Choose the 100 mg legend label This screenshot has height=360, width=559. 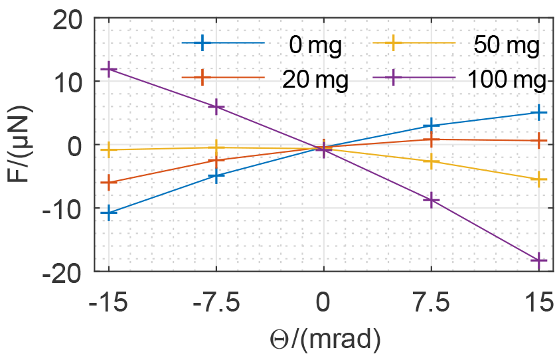pos(507,79)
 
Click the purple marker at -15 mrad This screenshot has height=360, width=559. pos(109,69)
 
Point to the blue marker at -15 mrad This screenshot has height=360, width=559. pos(109,213)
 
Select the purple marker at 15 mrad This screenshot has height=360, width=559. pos(539,260)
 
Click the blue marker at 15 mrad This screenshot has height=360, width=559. pos(539,113)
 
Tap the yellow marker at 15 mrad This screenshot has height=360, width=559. pos(539,179)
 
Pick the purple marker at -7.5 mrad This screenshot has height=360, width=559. pos(216,107)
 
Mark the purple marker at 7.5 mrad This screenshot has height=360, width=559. pos(432,200)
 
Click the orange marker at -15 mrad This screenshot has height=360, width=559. pos(109,182)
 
